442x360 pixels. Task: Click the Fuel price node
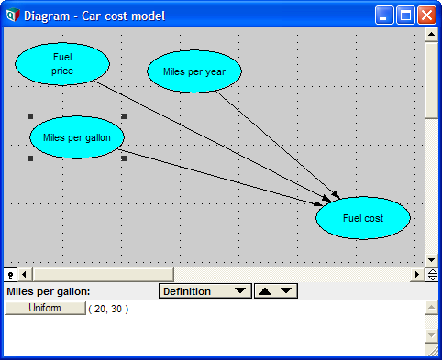coord(62,64)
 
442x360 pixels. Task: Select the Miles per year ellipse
coord(194,71)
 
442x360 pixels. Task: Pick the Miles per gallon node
coord(77,137)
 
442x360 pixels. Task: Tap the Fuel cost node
coord(363,218)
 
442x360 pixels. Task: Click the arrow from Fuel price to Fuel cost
coord(213,141)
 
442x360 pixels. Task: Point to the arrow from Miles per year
coord(278,145)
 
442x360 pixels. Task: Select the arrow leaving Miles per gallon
coord(220,177)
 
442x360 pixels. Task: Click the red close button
coord(426,16)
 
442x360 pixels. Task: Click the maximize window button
coord(405,16)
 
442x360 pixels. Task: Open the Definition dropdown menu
coord(205,291)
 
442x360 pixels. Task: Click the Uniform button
coord(45,308)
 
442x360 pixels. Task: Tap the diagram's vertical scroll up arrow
coord(431,34)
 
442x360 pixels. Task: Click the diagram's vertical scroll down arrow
coord(431,260)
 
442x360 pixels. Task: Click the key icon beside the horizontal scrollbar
coord(11,275)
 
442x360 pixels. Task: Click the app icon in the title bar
coord(13,16)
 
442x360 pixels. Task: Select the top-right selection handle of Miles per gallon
coord(124,116)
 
